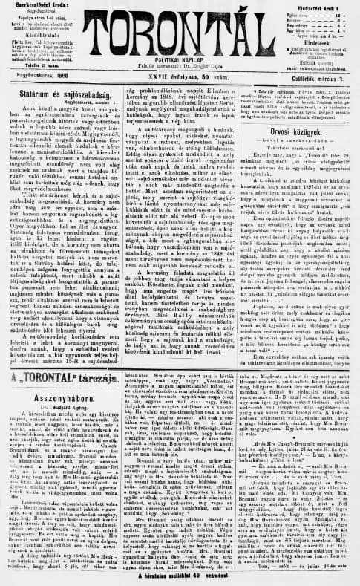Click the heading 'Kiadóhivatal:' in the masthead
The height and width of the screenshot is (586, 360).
pos(36,35)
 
